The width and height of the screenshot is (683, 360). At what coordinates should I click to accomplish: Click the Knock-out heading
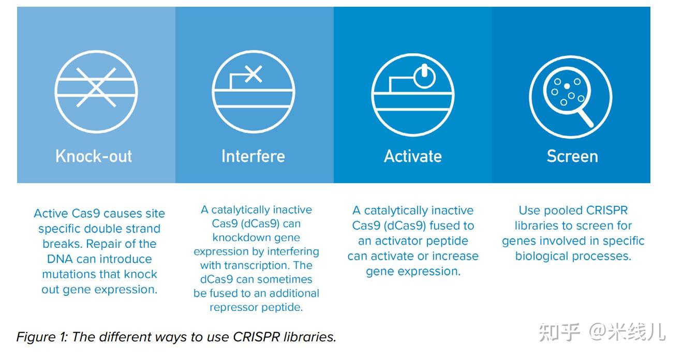point(94,156)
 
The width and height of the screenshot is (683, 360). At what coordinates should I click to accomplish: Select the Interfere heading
point(253,156)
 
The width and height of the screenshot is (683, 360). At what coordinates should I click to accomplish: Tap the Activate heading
point(412,156)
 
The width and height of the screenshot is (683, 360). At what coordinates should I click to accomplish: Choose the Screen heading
point(572,156)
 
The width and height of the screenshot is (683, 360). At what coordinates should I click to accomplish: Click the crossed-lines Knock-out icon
point(96,87)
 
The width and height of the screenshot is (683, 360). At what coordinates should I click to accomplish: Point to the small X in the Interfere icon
point(253,74)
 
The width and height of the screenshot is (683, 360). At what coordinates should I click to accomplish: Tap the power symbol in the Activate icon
point(424,77)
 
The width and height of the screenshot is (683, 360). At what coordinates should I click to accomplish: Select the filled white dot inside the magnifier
point(567,86)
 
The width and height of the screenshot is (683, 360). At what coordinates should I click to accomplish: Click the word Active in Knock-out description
point(51,214)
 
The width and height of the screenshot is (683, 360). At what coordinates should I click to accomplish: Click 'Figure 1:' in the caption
point(41,337)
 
